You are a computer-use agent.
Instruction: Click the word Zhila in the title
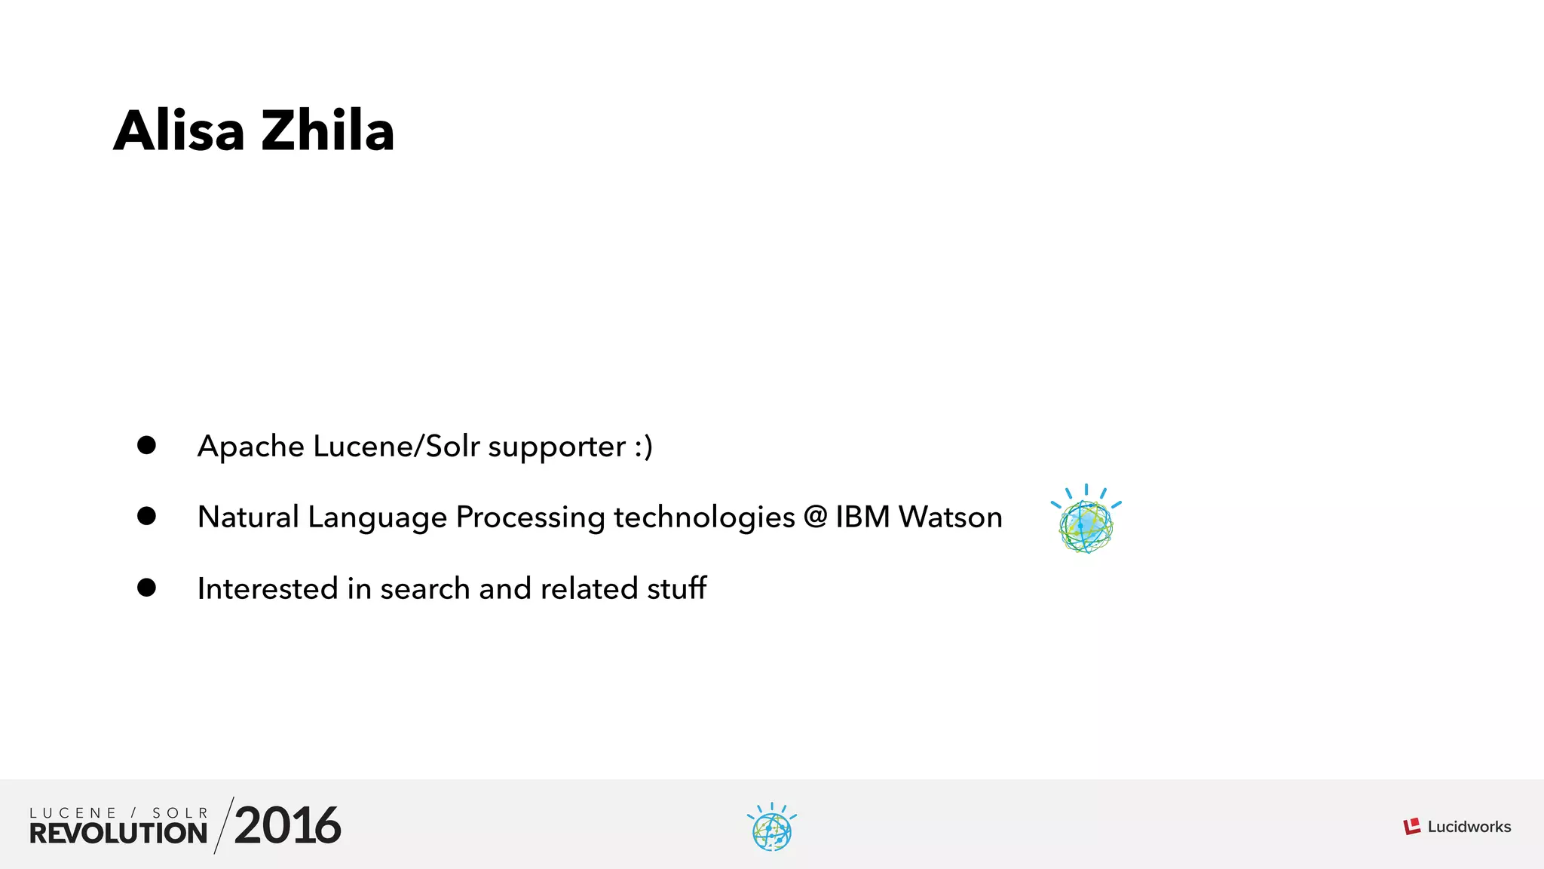tap(328, 131)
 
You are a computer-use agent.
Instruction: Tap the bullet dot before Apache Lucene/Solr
tap(146, 445)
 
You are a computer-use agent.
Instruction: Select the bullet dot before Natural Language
tap(146, 516)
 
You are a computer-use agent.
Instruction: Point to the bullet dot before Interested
tap(146, 588)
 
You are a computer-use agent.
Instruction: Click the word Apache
tap(250, 447)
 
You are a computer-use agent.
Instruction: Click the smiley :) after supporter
tap(643, 447)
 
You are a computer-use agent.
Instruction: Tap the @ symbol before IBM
tap(815, 517)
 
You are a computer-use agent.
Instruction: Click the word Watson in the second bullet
tap(950, 517)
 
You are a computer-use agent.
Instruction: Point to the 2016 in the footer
tap(287, 826)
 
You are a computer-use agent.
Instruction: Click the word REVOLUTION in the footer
tap(118, 834)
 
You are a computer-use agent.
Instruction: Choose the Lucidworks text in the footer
tap(1469, 827)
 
